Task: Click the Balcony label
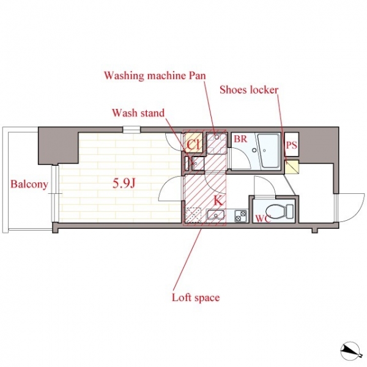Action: click(x=29, y=185)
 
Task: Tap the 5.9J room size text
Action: click(x=124, y=183)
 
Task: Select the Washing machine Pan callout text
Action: click(x=155, y=76)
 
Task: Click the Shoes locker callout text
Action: click(x=249, y=90)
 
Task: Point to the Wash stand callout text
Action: click(x=138, y=113)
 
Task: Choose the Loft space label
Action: click(x=196, y=298)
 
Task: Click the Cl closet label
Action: click(x=193, y=145)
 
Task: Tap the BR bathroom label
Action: click(x=240, y=139)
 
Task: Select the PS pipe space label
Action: click(x=292, y=146)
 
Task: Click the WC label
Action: click(x=263, y=218)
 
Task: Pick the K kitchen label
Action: click(x=218, y=201)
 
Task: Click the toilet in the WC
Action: click(x=280, y=209)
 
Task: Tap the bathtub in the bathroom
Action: click(x=269, y=150)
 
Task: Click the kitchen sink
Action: click(x=215, y=215)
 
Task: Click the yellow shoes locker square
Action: click(x=292, y=166)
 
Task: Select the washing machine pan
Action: click(x=217, y=143)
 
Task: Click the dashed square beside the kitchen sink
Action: click(x=193, y=215)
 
